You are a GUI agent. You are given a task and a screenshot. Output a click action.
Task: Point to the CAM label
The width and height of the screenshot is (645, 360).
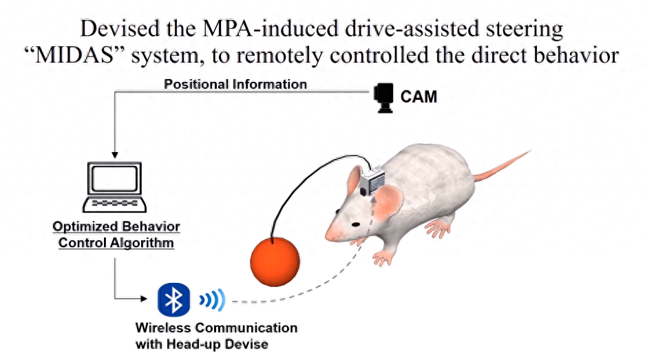(x=419, y=97)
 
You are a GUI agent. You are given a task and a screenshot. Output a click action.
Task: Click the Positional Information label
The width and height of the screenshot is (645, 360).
(x=235, y=85)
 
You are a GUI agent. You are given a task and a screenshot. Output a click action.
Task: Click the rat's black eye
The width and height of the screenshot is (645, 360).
(x=355, y=224)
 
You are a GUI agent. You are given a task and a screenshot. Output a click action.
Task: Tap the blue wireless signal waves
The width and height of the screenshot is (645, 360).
(x=211, y=300)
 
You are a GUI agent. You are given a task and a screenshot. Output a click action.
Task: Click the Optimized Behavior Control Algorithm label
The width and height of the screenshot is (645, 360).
(x=116, y=235)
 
